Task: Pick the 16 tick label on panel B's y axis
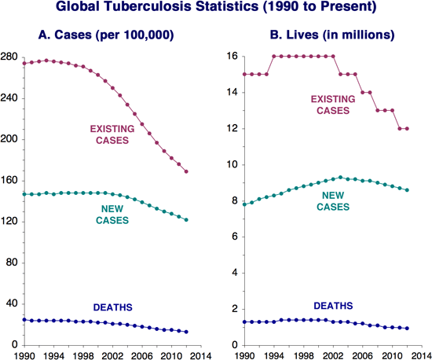232,57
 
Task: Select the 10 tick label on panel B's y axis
232,165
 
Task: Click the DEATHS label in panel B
334,305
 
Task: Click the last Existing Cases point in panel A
186,171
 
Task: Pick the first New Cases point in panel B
244,204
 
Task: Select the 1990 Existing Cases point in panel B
244,75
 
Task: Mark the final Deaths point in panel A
186,332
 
